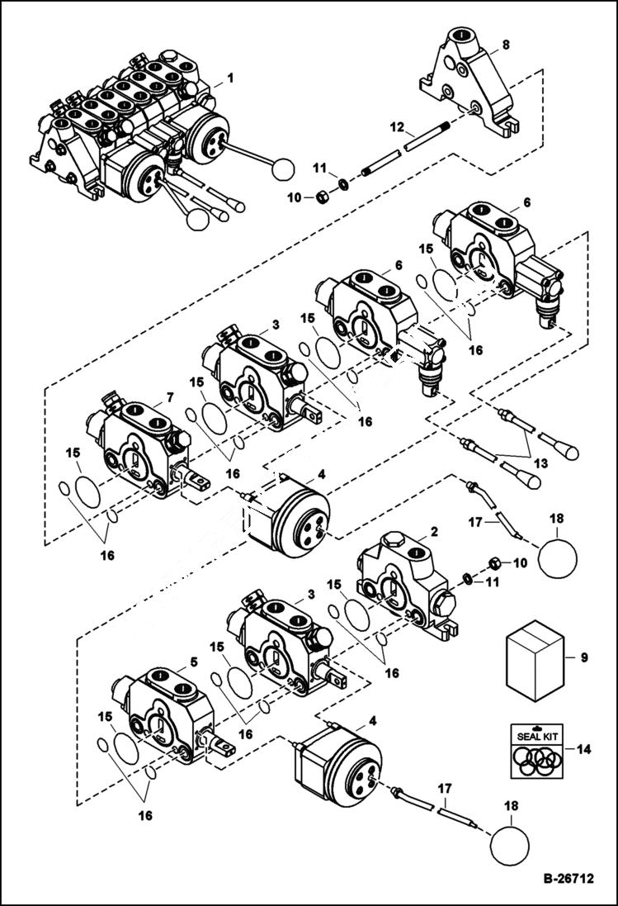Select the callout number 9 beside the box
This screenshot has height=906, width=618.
(x=584, y=657)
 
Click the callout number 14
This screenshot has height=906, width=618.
(x=585, y=750)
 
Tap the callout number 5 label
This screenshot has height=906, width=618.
(x=193, y=661)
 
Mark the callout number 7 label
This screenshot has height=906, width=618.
(x=169, y=397)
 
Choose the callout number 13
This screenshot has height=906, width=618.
(x=540, y=464)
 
